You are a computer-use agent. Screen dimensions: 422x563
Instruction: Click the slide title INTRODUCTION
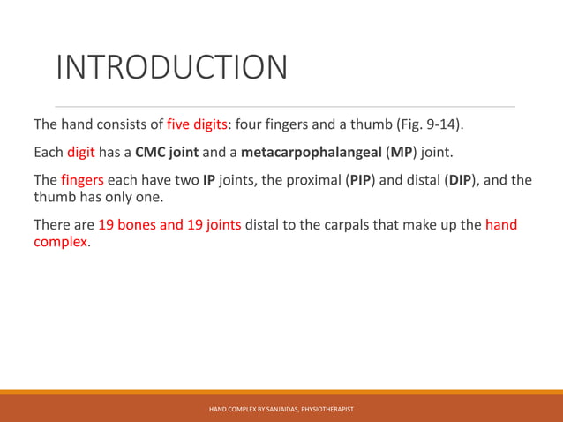172,67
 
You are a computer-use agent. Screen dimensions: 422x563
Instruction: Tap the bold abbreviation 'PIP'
360,180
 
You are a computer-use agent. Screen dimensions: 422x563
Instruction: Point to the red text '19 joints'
213,224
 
